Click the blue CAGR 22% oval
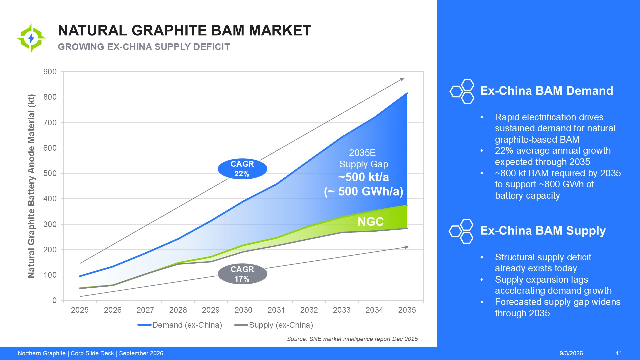coord(242,169)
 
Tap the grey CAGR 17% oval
coord(242,274)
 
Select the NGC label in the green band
coord(371,222)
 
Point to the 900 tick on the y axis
coord(50,72)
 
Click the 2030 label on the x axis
coord(243,310)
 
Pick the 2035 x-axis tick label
coord(407,310)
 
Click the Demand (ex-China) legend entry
coord(180,325)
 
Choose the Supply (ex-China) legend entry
coord(274,325)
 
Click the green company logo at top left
coord(31,38)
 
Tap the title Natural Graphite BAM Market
coord(184,30)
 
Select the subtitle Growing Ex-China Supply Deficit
coord(144,47)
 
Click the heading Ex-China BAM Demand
coord(547,91)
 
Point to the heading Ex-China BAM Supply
coord(543,231)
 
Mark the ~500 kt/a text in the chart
coord(364,177)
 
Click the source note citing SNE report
coord(352,339)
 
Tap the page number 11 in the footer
coord(619,353)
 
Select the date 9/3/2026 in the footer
coord(571,353)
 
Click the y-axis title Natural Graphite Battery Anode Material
coord(31,186)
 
